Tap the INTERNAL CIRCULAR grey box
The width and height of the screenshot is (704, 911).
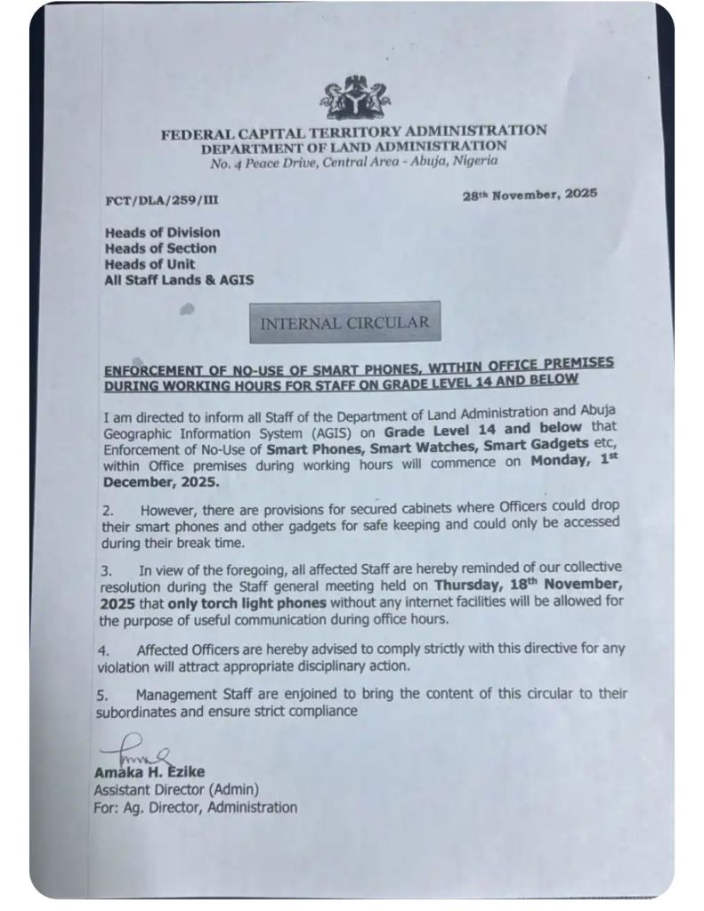pyautogui.click(x=344, y=322)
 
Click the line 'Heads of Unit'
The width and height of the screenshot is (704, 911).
pyautogui.click(x=150, y=264)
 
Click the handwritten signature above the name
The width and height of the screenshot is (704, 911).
pyautogui.click(x=134, y=753)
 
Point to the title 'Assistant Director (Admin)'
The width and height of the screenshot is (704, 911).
pyautogui.click(x=176, y=789)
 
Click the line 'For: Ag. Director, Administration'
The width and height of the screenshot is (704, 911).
pyautogui.click(x=196, y=807)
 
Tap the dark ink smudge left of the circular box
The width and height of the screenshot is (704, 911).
pyautogui.click(x=187, y=310)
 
